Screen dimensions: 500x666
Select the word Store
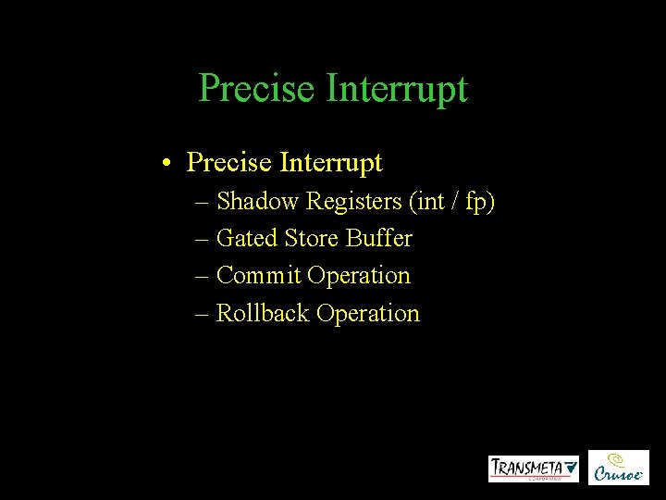[312, 239]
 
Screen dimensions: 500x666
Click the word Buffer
[379, 239]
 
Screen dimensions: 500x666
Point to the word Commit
[258, 276]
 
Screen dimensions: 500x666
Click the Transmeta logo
[534, 469]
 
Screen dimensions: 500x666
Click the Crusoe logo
[619, 468]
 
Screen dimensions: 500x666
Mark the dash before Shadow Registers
[203, 202]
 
